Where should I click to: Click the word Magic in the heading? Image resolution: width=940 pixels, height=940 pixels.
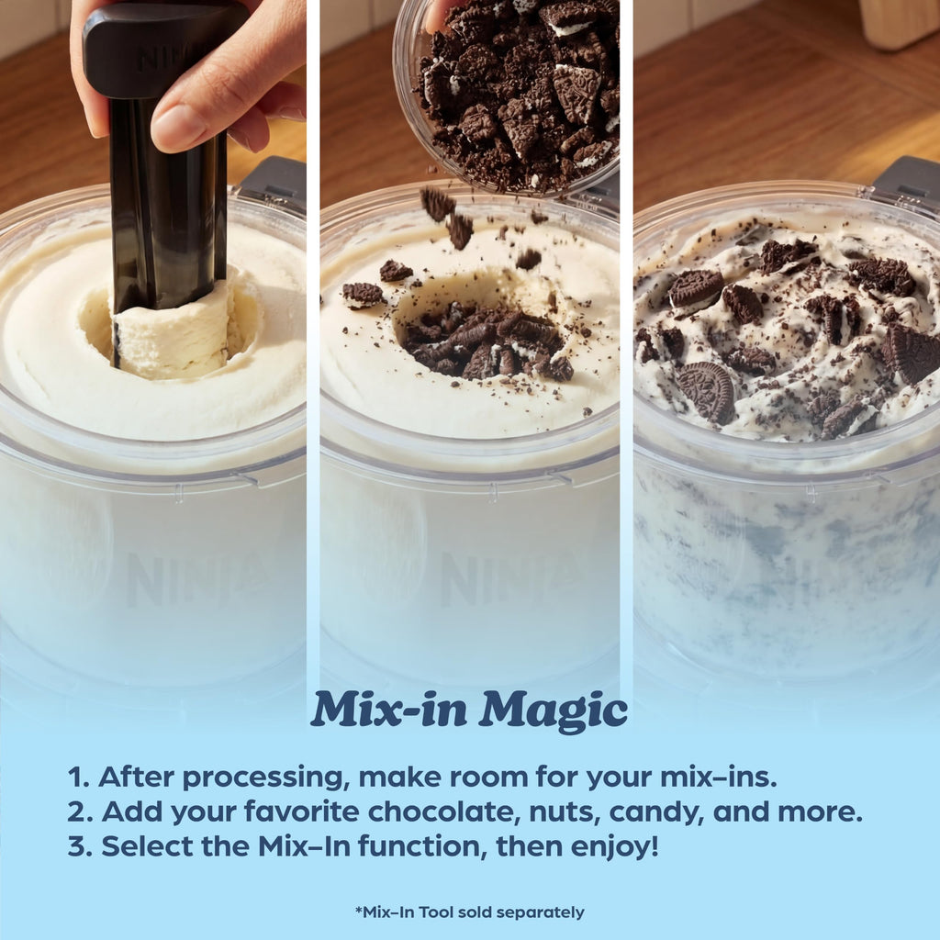point(553,711)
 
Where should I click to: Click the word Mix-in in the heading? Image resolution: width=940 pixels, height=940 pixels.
point(388,709)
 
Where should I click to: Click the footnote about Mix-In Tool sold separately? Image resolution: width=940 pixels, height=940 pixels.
point(469,912)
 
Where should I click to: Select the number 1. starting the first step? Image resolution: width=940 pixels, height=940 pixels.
point(78,778)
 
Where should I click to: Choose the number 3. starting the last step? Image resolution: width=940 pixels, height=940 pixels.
point(80,846)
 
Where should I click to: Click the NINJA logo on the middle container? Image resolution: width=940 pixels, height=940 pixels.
point(509,579)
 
